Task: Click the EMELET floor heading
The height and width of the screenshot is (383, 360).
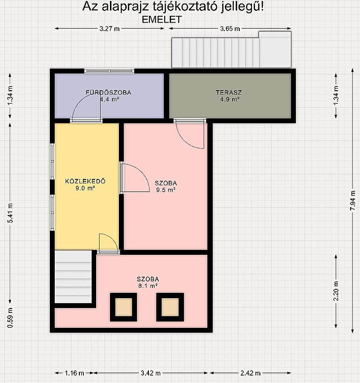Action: click(162, 20)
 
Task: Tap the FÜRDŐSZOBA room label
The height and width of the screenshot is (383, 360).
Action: click(108, 93)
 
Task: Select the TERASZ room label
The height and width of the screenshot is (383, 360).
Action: click(229, 93)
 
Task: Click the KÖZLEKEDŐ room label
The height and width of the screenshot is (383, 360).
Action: click(85, 181)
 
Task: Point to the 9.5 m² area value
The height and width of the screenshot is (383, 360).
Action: click(166, 190)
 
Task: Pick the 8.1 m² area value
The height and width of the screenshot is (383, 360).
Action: click(148, 286)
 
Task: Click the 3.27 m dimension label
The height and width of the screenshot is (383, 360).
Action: click(109, 29)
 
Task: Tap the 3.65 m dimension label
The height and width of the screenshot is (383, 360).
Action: click(230, 29)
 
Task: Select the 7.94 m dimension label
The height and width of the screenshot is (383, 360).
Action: click(353, 200)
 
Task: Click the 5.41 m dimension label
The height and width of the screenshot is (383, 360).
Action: click(10, 213)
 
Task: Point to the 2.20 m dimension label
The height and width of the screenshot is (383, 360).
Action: click(336, 291)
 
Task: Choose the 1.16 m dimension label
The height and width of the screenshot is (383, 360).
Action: click(74, 373)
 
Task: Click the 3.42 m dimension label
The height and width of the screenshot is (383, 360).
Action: click(150, 373)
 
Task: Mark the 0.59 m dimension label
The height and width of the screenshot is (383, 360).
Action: click(10, 318)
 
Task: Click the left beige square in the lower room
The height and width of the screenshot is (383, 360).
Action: click(124, 307)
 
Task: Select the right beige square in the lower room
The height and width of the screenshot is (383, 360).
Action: click(170, 307)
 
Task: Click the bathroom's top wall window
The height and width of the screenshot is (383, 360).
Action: click(109, 71)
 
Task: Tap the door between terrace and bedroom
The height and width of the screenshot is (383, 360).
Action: click(190, 135)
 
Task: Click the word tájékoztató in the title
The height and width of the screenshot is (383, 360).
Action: click(185, 6)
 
